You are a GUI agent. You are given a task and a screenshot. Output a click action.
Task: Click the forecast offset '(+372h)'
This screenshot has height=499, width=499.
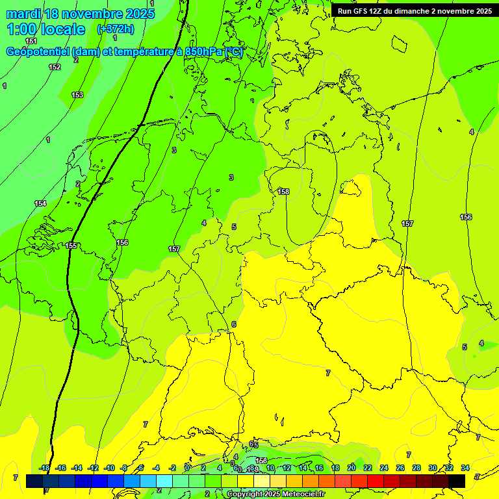tap(116, 29)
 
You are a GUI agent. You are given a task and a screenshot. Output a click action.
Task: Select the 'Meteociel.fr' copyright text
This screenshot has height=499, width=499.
tap(300, 494)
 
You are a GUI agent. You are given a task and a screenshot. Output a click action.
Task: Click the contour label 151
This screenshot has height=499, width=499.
tap(31, 41)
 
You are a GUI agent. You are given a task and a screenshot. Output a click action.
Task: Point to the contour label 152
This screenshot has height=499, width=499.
tap(55, 67)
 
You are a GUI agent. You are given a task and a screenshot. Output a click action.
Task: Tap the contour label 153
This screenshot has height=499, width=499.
tap(77, 95)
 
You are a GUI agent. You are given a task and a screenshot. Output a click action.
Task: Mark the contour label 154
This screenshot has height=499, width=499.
tap(40, 203)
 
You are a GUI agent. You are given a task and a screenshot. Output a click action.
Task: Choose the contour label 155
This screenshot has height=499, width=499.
tap(71, 246)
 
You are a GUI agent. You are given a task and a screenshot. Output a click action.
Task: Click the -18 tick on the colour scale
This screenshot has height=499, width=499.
tap(44, 468)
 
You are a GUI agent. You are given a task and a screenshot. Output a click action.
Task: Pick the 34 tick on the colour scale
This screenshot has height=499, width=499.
tap(465, 468)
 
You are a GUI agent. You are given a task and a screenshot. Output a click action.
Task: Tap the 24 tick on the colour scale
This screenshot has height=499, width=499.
tap(384, 468)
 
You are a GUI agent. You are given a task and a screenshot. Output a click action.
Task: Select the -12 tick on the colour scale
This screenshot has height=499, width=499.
tap(93, 468)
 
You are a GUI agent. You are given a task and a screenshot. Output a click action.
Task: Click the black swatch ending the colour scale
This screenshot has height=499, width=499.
tap(457, 481)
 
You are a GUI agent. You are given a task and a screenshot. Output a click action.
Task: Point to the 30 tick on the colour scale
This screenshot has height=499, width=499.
tap(433, 468)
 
